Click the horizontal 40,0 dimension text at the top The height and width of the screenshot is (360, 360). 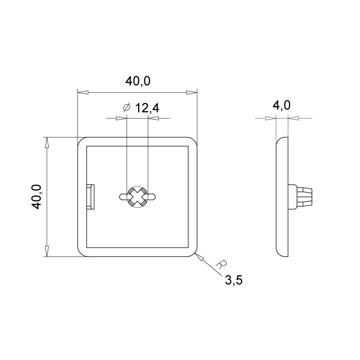coord(138,81)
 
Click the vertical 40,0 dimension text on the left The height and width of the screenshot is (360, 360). coord(36,197)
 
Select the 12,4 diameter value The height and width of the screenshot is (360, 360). coord(147,108)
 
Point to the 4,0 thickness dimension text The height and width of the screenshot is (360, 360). coord(282,105)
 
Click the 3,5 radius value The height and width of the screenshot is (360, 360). coord(234,280)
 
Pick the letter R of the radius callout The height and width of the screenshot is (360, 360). coord(221,265)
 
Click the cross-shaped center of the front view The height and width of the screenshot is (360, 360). coord(137,197)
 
